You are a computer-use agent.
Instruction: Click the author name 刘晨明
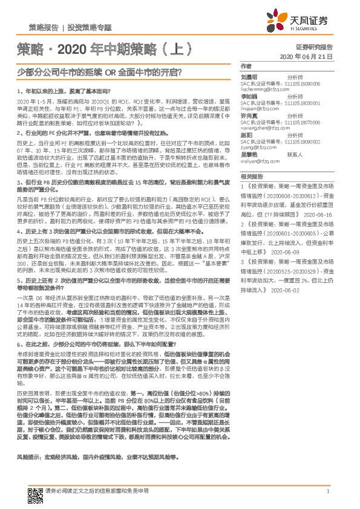(249, 77)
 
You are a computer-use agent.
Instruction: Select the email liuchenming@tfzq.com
(264, 89)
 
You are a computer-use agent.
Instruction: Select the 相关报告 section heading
(250, 177)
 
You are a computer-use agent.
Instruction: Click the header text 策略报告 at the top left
(44, 28)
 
